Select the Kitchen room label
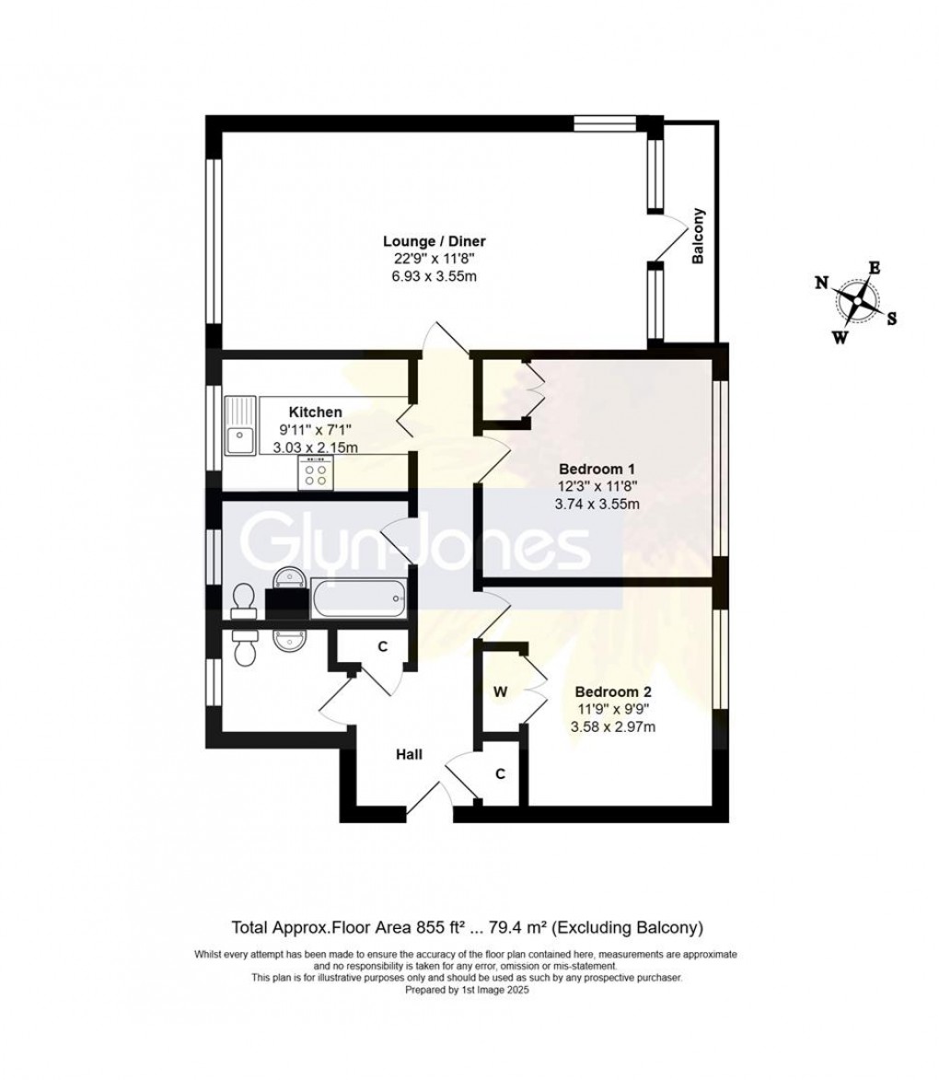coord(316,412)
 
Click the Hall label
coord(409,754)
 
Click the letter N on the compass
coord(820,283)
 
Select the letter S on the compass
coord(891,319)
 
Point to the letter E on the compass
coord(875,268)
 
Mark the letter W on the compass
coord(840,337)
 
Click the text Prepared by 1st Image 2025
coord(468,991)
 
